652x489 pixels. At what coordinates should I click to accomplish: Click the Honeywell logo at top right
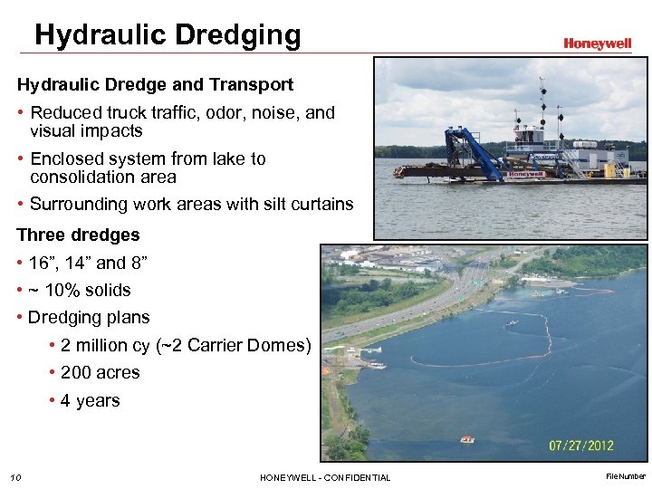[x=597, y=43]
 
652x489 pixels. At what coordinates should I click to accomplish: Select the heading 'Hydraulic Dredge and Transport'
[x=155, y=84]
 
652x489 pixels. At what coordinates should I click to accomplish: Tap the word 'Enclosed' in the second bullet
[x=66, y=158]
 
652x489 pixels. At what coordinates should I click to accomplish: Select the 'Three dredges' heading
[x=78, y=235]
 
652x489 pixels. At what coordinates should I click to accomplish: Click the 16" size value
[x=41, y=264]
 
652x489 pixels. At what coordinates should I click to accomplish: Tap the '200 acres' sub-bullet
[x=100, y=373]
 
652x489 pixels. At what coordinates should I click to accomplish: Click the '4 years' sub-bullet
[x=90, y=401]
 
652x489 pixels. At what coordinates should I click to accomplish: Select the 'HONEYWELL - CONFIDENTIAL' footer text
[x=325, y=477]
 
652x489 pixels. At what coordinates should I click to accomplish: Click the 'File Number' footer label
[x=626, y=476]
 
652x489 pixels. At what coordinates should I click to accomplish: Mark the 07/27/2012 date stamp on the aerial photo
[x=580, y=445]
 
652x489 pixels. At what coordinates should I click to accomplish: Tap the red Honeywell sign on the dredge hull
[x=526, y=174]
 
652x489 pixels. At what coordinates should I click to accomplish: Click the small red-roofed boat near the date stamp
[x=467, y=439]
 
